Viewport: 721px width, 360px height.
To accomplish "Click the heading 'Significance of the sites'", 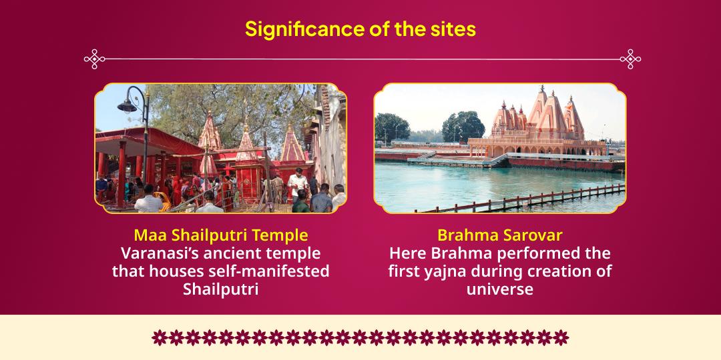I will (x=360, y=29).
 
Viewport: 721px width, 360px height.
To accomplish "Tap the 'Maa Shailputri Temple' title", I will (x=220, y=235).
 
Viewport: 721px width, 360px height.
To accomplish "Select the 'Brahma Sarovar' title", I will (x=499, y=235).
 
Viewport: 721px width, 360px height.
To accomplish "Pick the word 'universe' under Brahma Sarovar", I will (x=499, y=289).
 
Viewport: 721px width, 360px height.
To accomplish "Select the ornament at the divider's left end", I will (x=95, y=59).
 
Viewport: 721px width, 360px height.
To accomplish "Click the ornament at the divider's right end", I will (x=630, y=59).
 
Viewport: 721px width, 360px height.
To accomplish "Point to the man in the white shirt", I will (x=298, y=184).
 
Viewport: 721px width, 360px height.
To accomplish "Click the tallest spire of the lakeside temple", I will (x=542, y=110).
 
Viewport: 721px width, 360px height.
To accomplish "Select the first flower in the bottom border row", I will (x=160, y=337).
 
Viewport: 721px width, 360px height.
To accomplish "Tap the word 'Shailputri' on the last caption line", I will (x=220, y=289).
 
